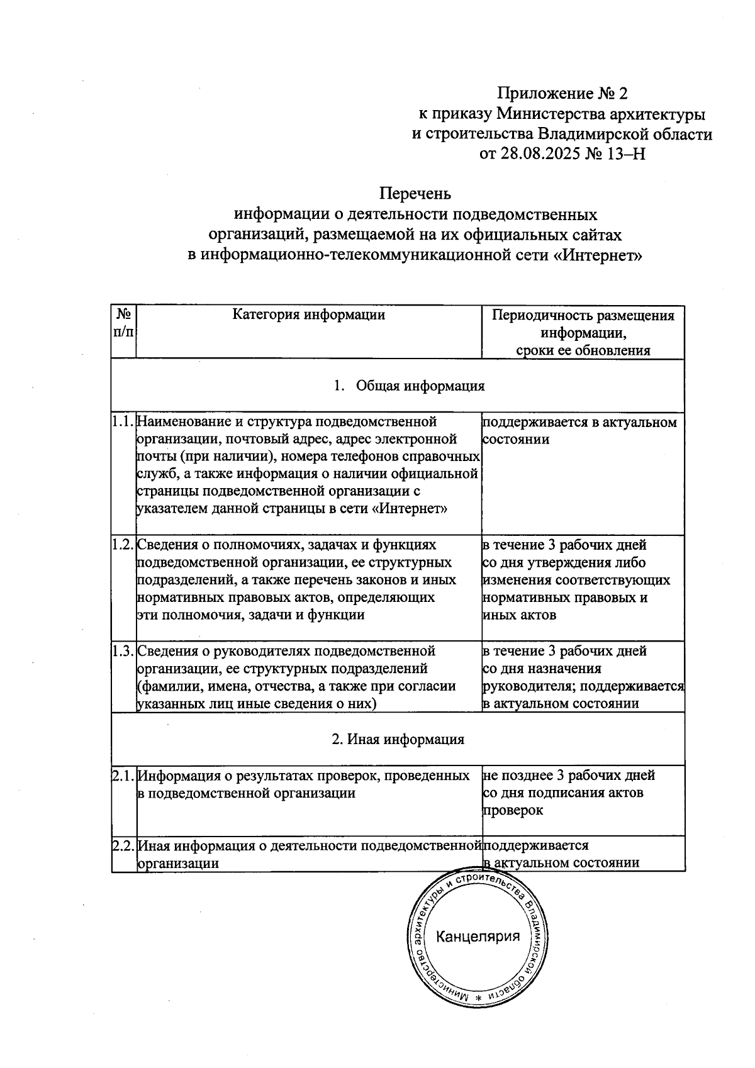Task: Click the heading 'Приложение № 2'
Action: (x=562, y=94)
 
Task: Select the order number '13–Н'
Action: (x=625, y=153)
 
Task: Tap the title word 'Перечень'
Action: (x=415, y=193)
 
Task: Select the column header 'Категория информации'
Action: (x=308, y=314)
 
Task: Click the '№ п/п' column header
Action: (x=123, y=323)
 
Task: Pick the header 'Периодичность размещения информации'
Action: (x=583, y=324)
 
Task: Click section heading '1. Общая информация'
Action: (x=410, y=386)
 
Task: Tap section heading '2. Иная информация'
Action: (x=398, y=740)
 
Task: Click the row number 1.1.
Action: (x=123, y=421)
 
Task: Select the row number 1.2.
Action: (x=123, y=545)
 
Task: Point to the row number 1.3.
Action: (x=123, y=651)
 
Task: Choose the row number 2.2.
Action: (x=123, y=846)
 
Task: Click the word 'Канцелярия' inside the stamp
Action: (x=478, y=937)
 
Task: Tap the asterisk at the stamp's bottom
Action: (x=478, y=999)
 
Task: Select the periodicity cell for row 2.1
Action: (x=569, y=793)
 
